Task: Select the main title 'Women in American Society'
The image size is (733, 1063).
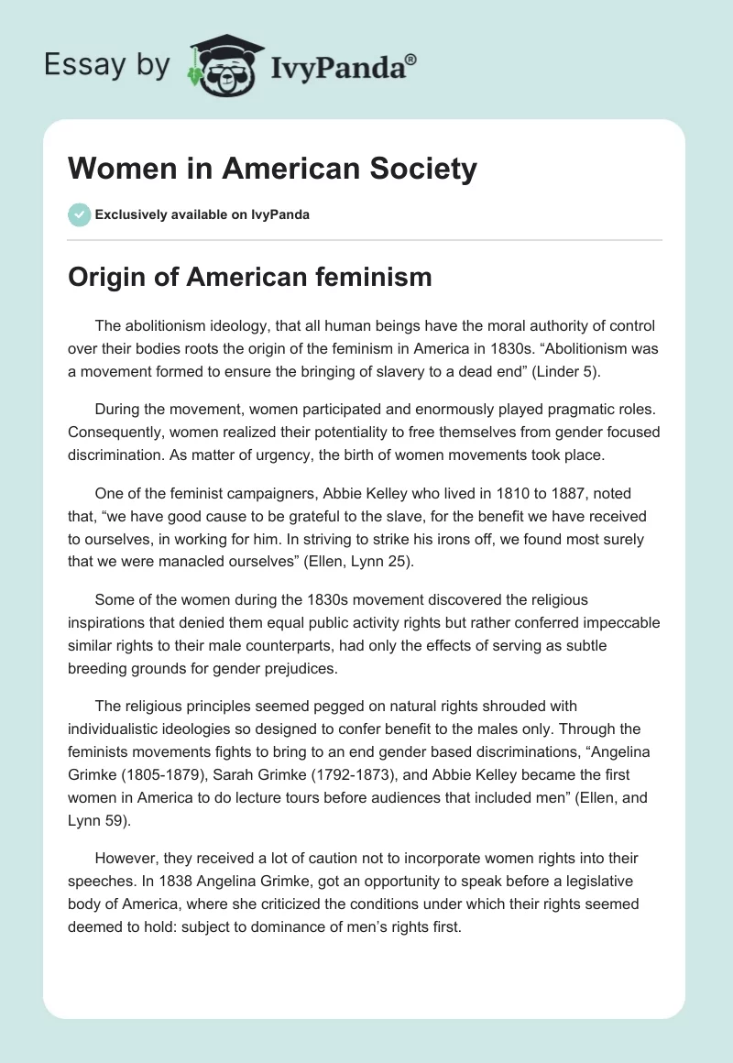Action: (x=273, y=169)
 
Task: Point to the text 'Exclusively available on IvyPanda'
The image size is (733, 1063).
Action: (x=202, y=214)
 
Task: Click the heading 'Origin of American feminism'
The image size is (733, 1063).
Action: (x=250, y=277)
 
